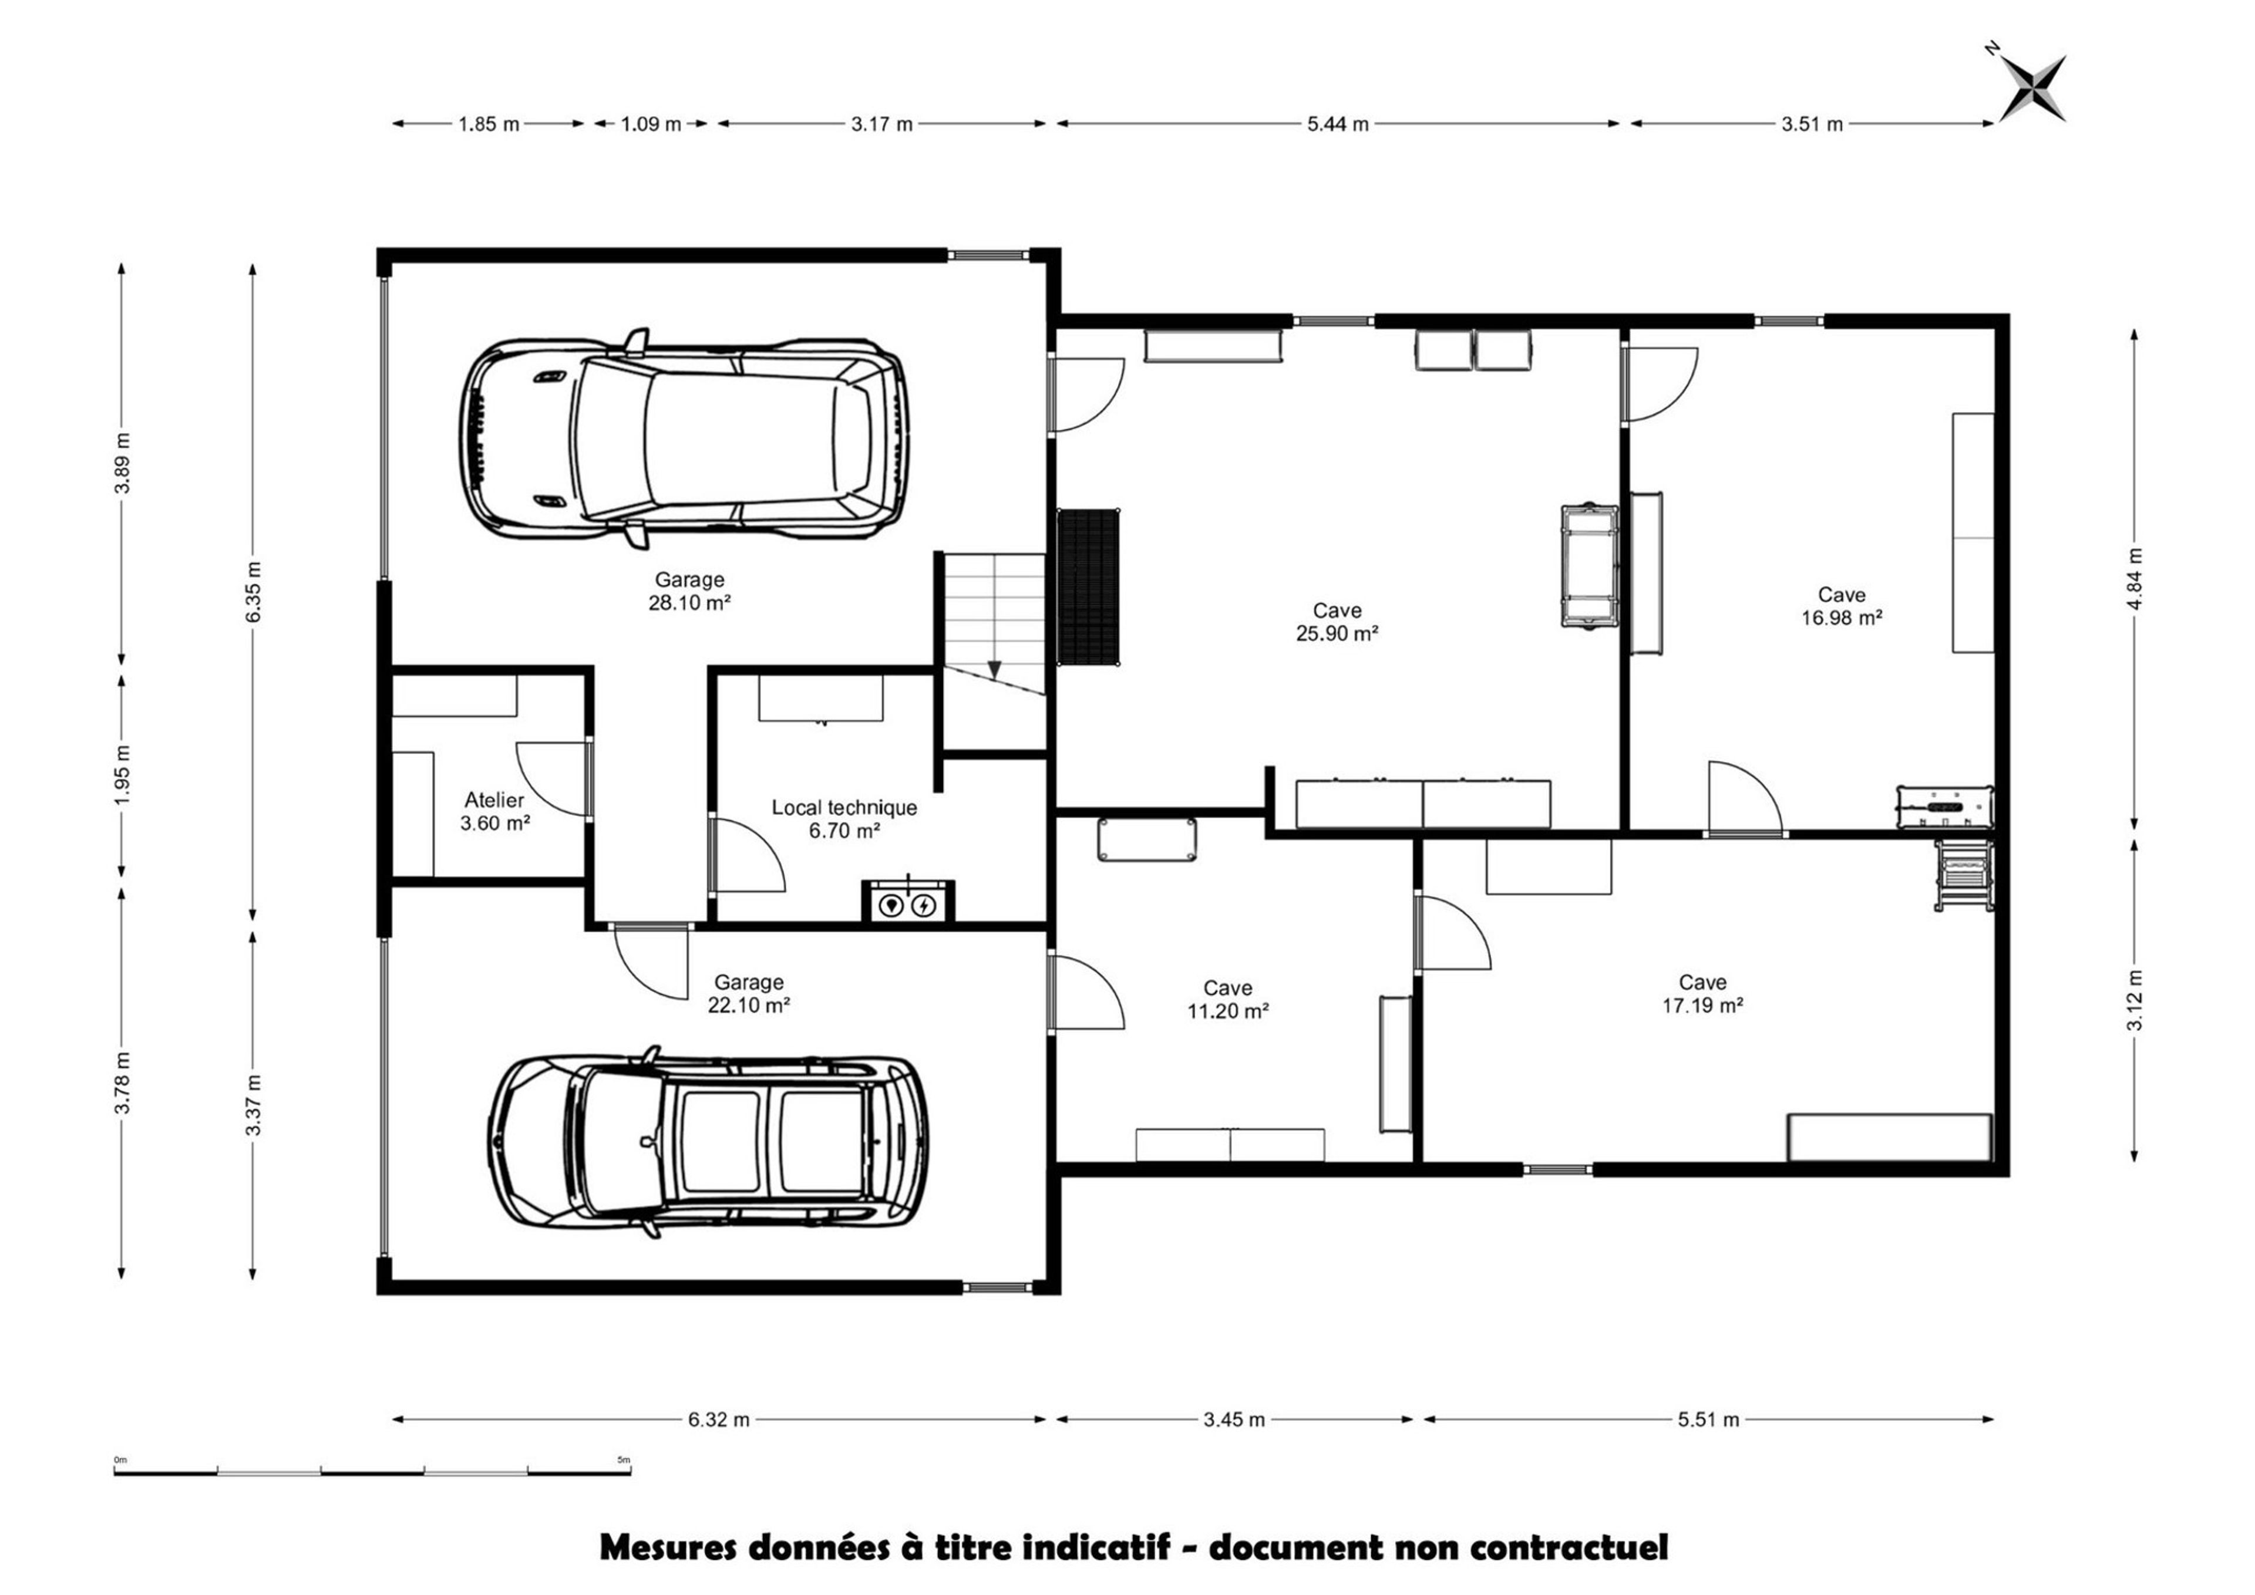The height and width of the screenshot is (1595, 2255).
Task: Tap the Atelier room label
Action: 494,801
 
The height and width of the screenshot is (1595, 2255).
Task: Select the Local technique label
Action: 844,807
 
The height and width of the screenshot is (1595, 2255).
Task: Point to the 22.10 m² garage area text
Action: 749,1006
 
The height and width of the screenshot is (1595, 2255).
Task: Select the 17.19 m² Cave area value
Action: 1703,1006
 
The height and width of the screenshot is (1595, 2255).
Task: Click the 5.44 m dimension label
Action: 1337,124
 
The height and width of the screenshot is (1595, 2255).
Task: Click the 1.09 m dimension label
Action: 651,124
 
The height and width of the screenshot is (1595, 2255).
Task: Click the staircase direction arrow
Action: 994,669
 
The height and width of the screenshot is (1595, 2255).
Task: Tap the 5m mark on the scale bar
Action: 623,1459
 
